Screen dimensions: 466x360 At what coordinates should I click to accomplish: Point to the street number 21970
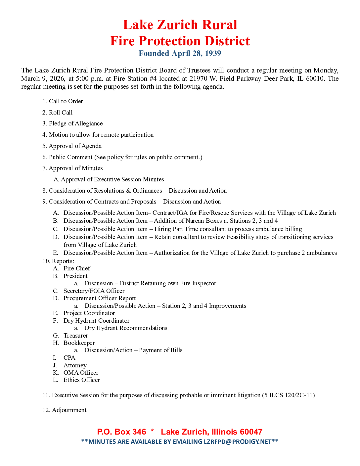198,78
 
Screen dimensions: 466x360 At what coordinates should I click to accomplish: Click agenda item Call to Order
66,101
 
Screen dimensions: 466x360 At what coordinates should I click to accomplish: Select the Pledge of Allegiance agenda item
76,123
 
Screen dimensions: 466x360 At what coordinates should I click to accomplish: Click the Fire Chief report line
77,268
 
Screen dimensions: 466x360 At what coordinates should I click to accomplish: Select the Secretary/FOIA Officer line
94,291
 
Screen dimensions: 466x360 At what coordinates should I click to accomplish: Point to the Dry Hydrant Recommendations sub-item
126,328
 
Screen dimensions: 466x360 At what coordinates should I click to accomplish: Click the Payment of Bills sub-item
160,350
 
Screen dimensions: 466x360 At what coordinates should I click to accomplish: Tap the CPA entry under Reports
69,358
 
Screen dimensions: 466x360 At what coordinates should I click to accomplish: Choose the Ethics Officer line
81,380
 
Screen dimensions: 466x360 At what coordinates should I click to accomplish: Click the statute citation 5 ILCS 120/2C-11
288,395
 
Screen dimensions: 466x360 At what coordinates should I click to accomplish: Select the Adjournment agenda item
69,410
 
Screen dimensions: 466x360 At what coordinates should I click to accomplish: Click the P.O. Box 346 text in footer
121,432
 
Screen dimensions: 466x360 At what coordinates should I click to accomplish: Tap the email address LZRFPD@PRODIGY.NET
238,442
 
